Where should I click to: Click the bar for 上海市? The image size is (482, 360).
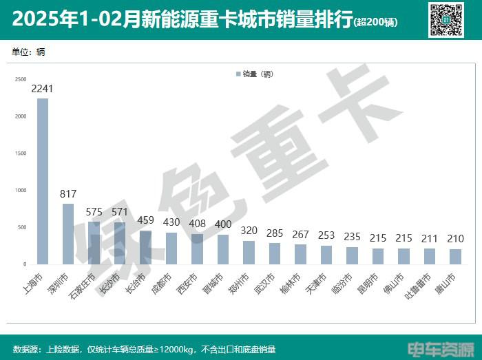(x=43, y=181)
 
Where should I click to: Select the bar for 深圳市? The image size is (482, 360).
(x=68, y=234)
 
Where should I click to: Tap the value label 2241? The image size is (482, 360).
(x=43, y=89)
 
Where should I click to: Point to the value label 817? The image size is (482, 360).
(x=68, y=194)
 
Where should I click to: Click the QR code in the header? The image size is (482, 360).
(x=446, y=19)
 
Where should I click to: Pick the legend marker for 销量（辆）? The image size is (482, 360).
(x=238, y=74)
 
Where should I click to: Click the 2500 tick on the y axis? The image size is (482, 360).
(x=21, y=79)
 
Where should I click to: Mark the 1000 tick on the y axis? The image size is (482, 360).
(x=21, y=190)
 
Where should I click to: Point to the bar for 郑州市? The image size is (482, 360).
(x=249, y=253)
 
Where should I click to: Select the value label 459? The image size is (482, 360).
(x=145, y=221)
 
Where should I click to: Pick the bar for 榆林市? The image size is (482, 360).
(x=300, y=255)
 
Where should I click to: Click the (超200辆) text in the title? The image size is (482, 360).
(x=375, y=22)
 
